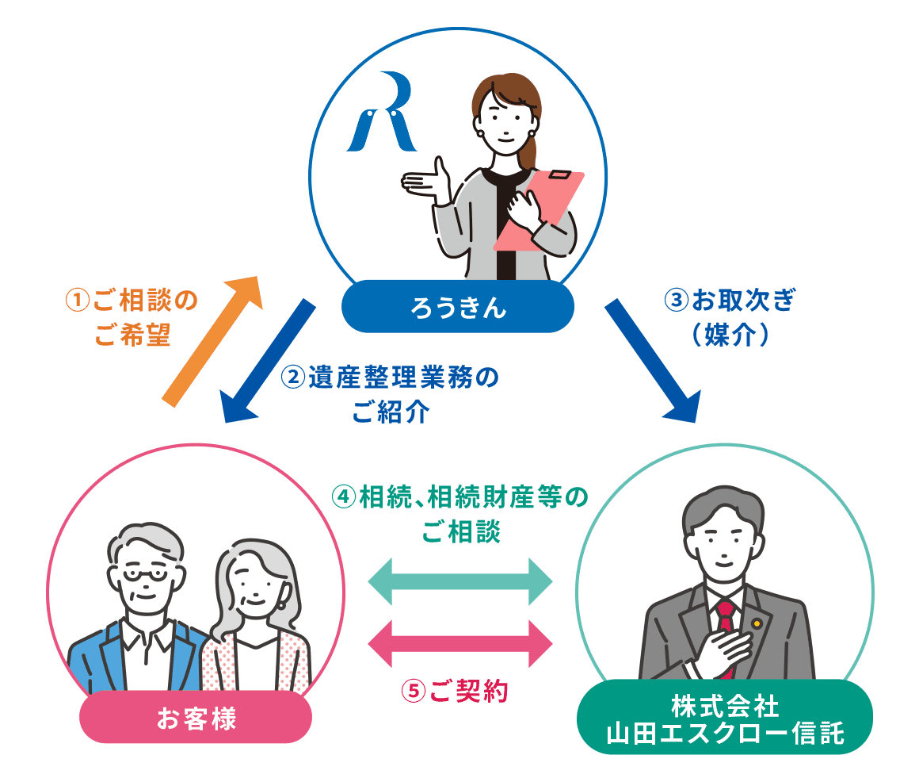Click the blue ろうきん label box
click(457, 307)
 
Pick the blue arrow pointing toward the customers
click(269, 361)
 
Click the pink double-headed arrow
click(460, 642)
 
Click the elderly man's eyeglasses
click(143, 576)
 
